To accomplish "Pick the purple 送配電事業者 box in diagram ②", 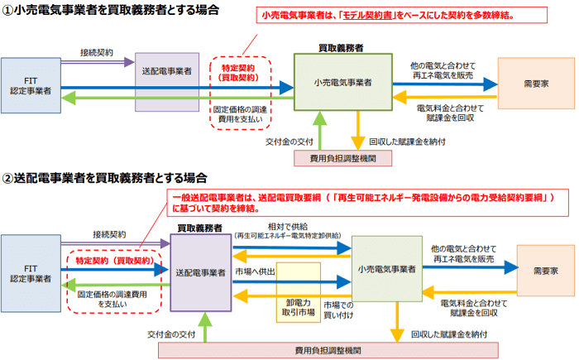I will point(200,272).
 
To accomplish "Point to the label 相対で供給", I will point(283,226).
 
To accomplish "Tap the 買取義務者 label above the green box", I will point(341,49).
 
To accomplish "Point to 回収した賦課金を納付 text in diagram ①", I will point(409,142).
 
